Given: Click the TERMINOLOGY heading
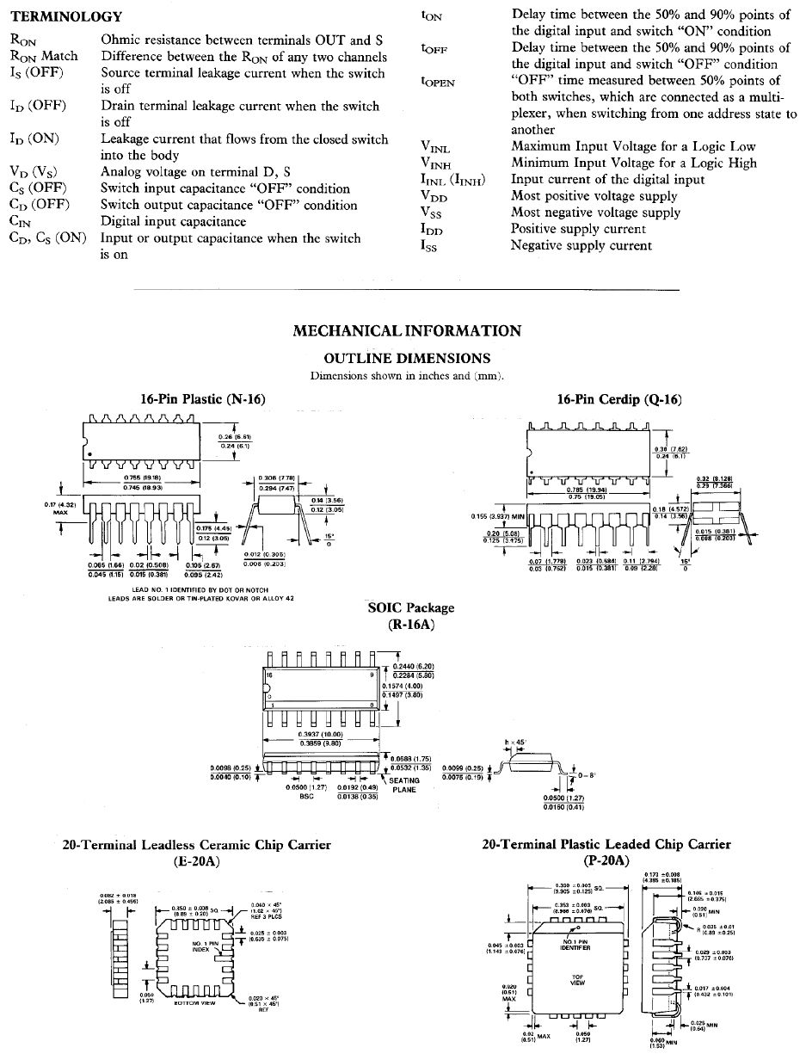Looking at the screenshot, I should point(65,16).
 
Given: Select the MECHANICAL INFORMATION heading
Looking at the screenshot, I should point(406,331).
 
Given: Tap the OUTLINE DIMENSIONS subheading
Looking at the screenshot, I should point(406,358).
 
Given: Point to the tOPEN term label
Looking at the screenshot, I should point(438,82).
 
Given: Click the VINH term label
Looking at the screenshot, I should point(436,163).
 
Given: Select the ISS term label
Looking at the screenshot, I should point(431,246).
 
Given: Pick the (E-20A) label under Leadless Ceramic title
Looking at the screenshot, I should point(197,860).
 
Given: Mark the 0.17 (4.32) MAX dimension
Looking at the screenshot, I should point(59,508).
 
